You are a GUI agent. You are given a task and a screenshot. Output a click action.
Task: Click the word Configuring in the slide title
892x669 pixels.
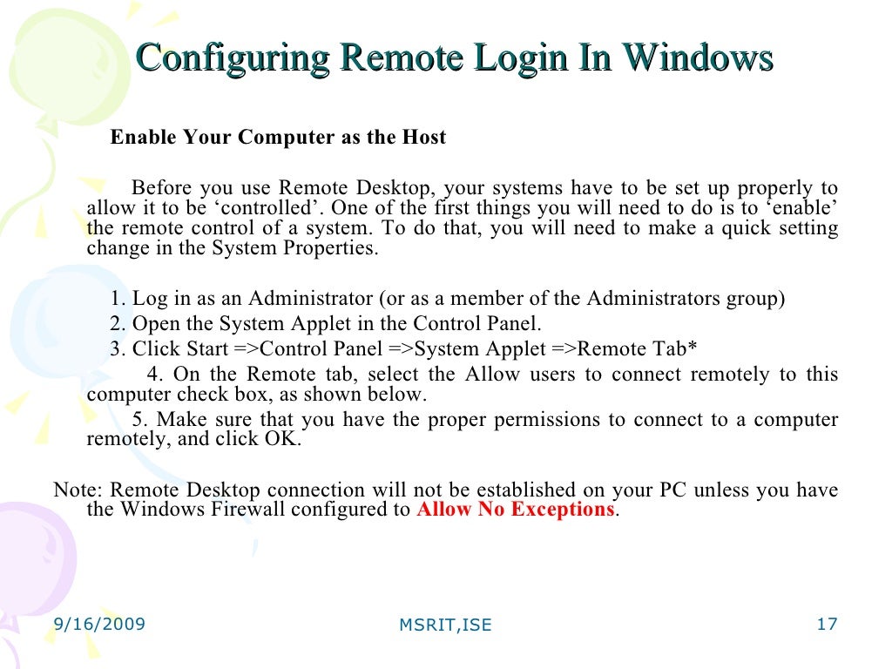(x=233, y=59)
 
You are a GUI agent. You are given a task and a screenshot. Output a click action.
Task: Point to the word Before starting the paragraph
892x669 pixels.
(x=161, y=188)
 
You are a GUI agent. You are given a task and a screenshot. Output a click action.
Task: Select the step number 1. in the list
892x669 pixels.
(x=119, y=299)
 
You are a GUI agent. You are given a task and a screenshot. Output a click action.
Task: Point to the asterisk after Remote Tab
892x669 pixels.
(x=693, y=348)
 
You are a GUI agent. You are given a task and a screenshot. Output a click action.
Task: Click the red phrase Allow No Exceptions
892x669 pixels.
(x=516, y=510)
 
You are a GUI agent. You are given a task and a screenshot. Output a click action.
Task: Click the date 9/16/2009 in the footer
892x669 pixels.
(x=99, y=624)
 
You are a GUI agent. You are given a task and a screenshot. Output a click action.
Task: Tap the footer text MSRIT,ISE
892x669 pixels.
(x=445, y=625)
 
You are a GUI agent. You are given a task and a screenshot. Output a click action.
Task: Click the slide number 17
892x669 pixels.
(x=827, y=624)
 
